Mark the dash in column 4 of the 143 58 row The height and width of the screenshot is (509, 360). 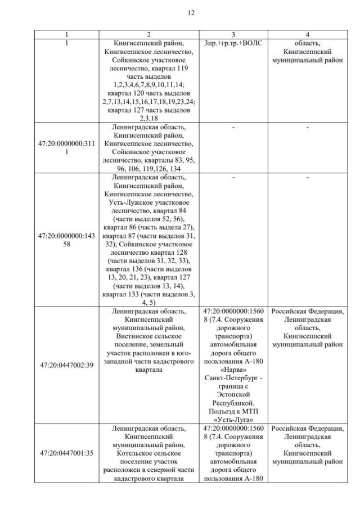[x=307, y=178]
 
